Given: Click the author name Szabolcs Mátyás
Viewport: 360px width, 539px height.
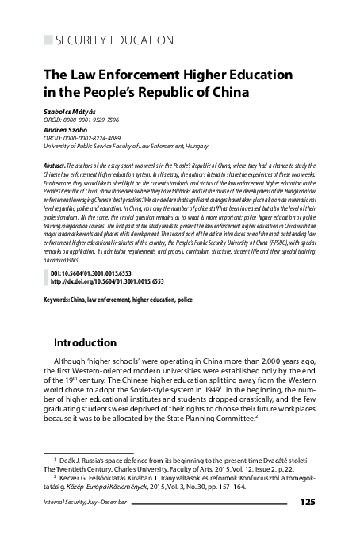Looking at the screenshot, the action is click(x=68, y=112).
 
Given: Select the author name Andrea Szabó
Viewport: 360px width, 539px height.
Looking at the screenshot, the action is click(x=63, y=129).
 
